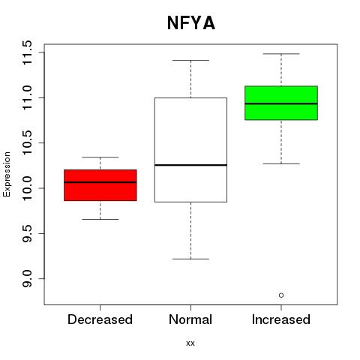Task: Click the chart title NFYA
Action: [x=191, y=23]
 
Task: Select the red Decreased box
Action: [x=100, y=185]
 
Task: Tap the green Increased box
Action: [x=281, y=103]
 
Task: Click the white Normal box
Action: [x=190, y=150]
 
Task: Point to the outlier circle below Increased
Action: [x=281, y=295]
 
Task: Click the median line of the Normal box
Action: [x=190, y=165]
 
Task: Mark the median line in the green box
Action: [x=281, y=103]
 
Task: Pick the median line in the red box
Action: [x=100, y=182]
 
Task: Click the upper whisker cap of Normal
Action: [x=190, y=60]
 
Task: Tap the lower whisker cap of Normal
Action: [x=190, y=259]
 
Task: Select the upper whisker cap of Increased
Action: [x=281, y=54]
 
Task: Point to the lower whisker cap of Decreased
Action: [x=100, y=219]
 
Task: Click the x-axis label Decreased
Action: [x=100, y=319]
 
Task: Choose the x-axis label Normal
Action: [x=190, y=319]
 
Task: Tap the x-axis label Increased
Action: [x=281, y=319]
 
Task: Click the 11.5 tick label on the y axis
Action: [x=27, y=52]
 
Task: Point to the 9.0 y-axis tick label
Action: [x=27, y=279]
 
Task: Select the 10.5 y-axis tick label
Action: [x=27, y=143]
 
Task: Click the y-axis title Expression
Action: [x=7, y=174]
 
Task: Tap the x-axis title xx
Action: [x=190, y=343]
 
